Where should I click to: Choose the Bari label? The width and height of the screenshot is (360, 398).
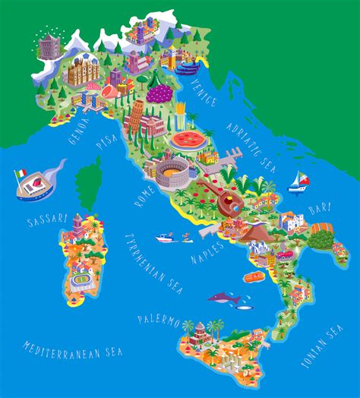coord(320,207)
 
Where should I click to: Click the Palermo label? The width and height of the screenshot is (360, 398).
coord(159,320)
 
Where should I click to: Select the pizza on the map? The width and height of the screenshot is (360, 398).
coord(186,140)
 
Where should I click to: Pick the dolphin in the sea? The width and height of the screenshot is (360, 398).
coord(224,299)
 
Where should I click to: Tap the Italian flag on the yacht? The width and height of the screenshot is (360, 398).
coord(20,174)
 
